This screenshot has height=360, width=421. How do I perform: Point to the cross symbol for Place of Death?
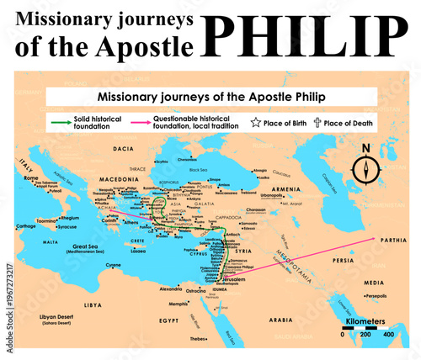[x=317, y=123]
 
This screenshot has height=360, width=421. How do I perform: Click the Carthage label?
[x=27, y=225]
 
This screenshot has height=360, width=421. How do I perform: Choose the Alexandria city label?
[x=172, y=288]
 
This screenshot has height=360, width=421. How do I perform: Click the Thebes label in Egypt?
[x=199, y=338]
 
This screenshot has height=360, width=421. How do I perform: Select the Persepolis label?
[x=376, y=296]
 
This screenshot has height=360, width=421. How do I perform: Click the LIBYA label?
[x=92, y=304]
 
